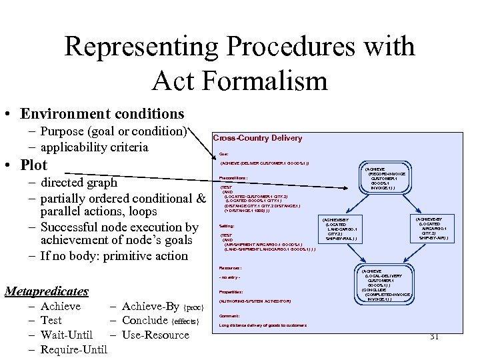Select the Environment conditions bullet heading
coord(102,114)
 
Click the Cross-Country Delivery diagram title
coord(257,138)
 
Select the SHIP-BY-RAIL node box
coord(341,229)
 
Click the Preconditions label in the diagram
coord(233,178)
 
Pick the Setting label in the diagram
coord(227,226)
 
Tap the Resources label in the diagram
coord(230,267)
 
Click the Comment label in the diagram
coord(229,315)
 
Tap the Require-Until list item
coord(74,349)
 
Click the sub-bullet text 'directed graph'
coord(79,182)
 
